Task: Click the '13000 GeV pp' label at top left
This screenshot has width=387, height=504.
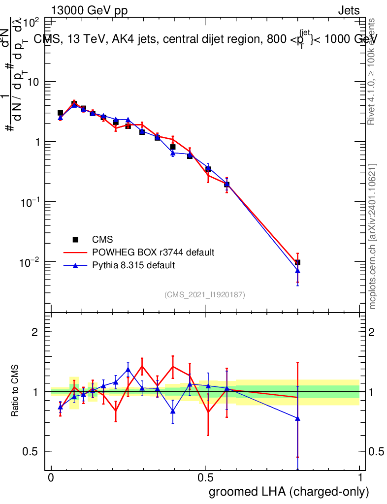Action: pos(89,11)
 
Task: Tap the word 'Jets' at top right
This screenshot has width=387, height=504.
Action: pos(349,11)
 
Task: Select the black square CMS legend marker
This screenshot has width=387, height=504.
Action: pos(75,240)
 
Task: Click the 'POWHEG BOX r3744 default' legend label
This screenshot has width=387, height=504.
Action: pos(153,252)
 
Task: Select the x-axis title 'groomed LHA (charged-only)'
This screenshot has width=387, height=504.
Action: pos(289,492)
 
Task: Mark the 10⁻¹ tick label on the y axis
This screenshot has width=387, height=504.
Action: pos(30,201)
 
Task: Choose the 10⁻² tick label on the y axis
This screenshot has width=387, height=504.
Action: pos(30,261)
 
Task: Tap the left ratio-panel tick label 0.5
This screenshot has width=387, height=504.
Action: pos(32,452)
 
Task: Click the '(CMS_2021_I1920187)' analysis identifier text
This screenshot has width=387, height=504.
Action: pos(205,294)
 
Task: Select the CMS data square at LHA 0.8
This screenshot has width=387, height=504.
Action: pos(297,262)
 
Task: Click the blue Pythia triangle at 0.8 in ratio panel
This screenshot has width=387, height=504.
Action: pos(297,418)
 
